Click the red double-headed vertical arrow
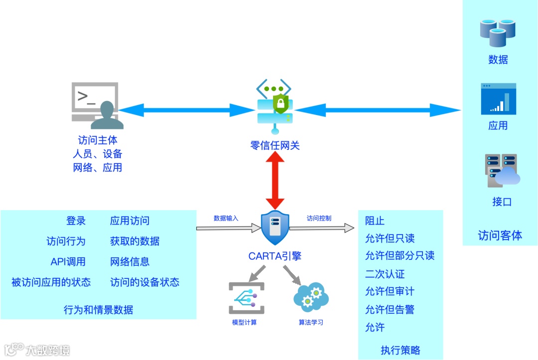275,181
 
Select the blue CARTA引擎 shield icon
275,228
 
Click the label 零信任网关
275,146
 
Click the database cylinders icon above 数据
497,32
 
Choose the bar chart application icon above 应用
498,99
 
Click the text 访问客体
500,236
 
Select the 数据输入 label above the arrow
226,218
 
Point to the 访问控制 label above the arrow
319,218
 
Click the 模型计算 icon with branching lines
246,298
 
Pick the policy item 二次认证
385,274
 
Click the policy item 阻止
375,221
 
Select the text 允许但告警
390,310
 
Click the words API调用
68,262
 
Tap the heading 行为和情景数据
99,310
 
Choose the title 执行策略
400,350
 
